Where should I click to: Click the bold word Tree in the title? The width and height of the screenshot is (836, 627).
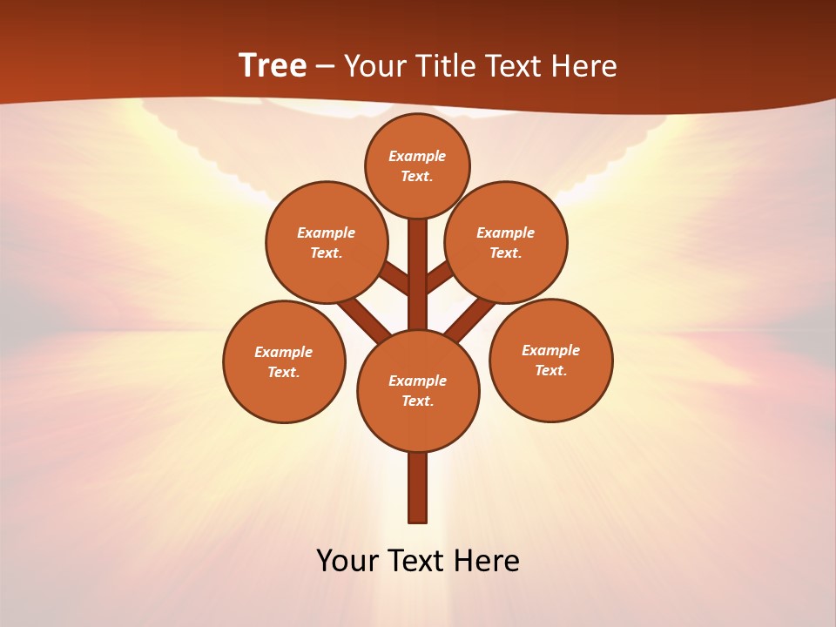pyautogui.click(x=273, y=66)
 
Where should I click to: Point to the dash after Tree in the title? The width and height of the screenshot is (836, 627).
pyautogui.click(x=325, y=67)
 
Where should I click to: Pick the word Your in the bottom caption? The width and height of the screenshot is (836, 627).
pyautogui.click(x=347, y=561)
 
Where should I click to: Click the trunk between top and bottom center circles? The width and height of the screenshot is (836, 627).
pyautogui.click(x=418, y=274)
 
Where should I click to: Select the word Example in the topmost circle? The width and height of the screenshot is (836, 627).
pyautogui.click(x=417, y=156)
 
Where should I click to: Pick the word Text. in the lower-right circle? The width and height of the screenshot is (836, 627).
pyautogui.click(x=550, y=370)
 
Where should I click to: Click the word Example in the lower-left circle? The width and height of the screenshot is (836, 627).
pyautogui.click(x=283, y=352)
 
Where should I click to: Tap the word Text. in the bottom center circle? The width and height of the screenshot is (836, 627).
pyautogui.click(x=417, y=401)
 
